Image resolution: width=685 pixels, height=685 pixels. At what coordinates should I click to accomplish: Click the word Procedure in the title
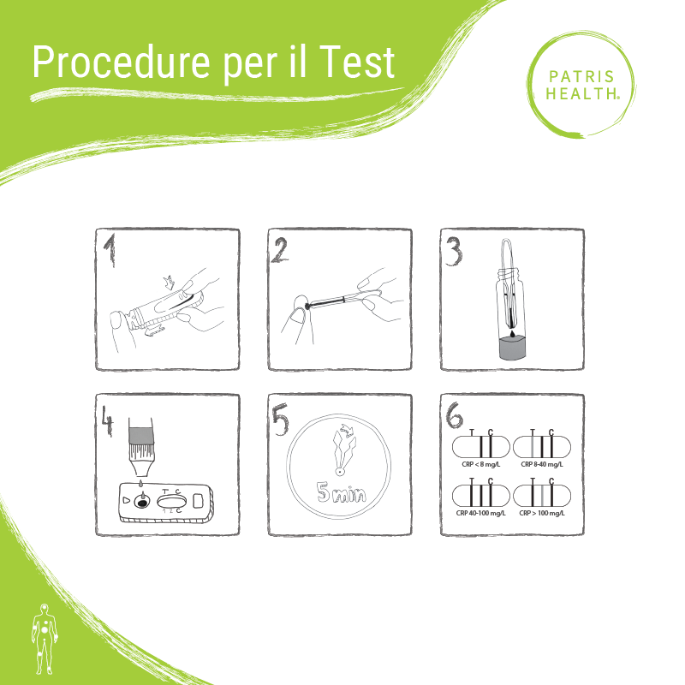tap(122, 63)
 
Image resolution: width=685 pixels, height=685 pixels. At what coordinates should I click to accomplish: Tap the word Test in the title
tap(357, 62)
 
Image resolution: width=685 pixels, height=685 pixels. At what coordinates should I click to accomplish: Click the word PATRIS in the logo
tap(581, 77)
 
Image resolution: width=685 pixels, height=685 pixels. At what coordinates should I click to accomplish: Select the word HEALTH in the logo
tap(581, 93)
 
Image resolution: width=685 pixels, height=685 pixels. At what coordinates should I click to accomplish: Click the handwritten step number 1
tap(110, 249)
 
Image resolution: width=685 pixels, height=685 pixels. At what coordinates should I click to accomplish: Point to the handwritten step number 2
tap(280, 251)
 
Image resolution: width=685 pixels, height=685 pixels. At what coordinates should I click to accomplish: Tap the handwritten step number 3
tap(454, 252)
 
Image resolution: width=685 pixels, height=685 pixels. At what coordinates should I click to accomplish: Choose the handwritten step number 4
tap(108, 420)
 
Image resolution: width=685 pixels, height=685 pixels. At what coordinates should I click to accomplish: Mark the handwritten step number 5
tap(281, 420)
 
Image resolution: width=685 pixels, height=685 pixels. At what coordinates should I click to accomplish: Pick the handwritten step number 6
tap(454, 415)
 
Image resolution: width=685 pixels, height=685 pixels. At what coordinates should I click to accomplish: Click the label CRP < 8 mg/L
tap(481, 464)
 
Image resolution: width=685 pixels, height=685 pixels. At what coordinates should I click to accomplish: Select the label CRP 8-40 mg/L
tap(542, 464)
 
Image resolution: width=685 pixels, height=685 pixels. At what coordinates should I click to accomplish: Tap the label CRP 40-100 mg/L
tap(480, 513)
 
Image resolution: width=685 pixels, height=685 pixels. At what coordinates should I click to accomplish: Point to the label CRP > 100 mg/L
tap(542, 513)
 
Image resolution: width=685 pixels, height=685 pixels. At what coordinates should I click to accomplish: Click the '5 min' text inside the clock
tap(342, 492)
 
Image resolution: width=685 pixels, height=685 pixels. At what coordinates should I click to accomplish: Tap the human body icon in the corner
tap(45, 639)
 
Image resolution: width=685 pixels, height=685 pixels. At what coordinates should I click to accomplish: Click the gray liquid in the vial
tap(512, 349)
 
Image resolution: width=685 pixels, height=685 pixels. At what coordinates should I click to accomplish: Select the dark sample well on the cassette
tap(142, 503)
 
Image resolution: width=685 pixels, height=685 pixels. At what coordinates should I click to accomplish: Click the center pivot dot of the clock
tap(339, 472)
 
